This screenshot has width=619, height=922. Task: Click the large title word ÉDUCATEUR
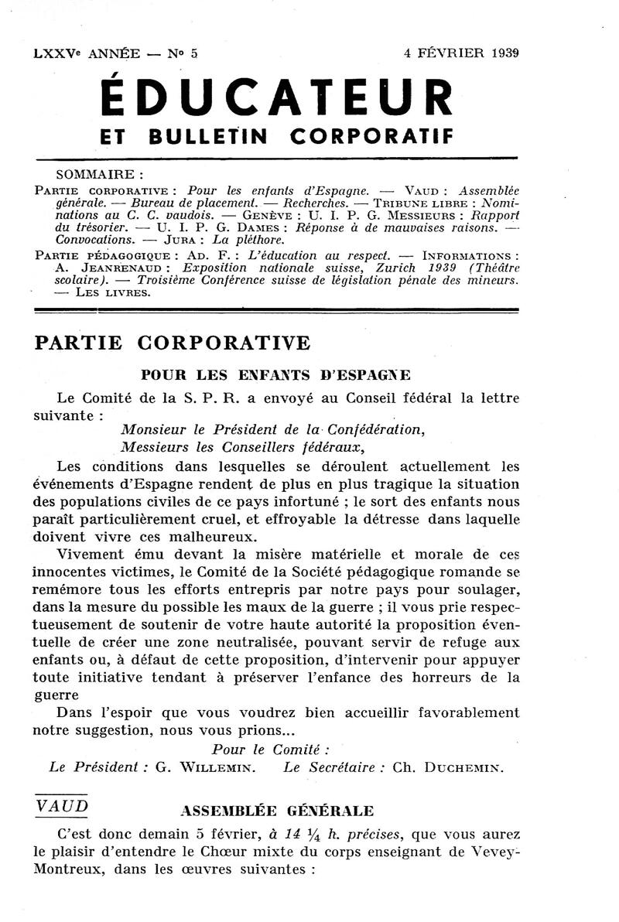point(277,97)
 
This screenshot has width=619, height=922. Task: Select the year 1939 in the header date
point(501,53)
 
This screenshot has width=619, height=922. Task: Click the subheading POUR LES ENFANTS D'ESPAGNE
point(275,375)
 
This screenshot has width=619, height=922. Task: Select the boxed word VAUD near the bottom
point(62,805)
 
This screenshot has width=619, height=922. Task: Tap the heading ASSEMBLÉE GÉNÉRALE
point(276,811)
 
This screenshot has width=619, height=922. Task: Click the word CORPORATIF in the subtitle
point(371,137)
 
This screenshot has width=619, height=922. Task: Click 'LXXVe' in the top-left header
point(56,54)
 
